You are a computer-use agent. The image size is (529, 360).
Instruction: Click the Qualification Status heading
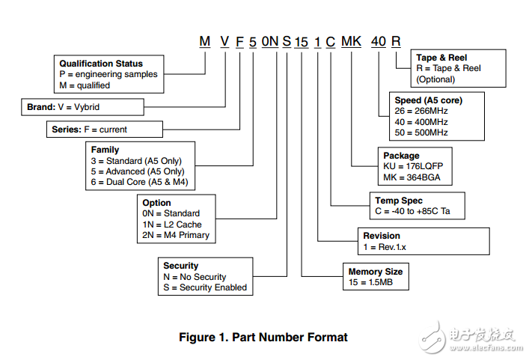click(101, 64)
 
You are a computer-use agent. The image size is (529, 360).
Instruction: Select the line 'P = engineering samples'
click(108, 74)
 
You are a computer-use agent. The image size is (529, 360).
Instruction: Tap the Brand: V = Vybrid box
click(82, 107)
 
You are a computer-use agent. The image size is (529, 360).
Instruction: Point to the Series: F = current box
click(105, 129)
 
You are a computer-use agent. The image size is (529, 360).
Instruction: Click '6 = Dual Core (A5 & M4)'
click(139, 182)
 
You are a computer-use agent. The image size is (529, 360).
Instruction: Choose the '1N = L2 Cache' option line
click(172, 225)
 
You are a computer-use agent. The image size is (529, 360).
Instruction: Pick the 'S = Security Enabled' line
click(205, 287)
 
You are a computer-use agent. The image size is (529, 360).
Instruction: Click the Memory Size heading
click(376, 272)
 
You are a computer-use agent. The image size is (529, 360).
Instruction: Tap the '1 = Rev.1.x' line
click(385, 247)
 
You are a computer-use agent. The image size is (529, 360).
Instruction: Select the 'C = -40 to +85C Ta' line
click(412, 211)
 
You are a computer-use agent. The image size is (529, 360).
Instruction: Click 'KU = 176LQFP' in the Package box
click(413, 166)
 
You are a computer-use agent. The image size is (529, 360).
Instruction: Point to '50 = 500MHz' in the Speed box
click(421, 132)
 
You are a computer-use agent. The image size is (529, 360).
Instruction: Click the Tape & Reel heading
click(441, 58)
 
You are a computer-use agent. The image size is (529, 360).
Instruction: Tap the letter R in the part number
click(396, 41)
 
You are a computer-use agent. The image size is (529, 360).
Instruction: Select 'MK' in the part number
click(351, 41)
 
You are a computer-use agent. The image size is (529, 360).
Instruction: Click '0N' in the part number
click(270, 41)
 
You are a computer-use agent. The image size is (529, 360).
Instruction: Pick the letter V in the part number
click(224, 41)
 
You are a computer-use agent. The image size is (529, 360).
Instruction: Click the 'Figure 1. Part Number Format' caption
click(263, 337)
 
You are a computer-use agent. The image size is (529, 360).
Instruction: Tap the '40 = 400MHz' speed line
click(421, 122)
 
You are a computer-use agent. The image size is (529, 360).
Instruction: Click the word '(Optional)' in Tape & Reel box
click(435, 79)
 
